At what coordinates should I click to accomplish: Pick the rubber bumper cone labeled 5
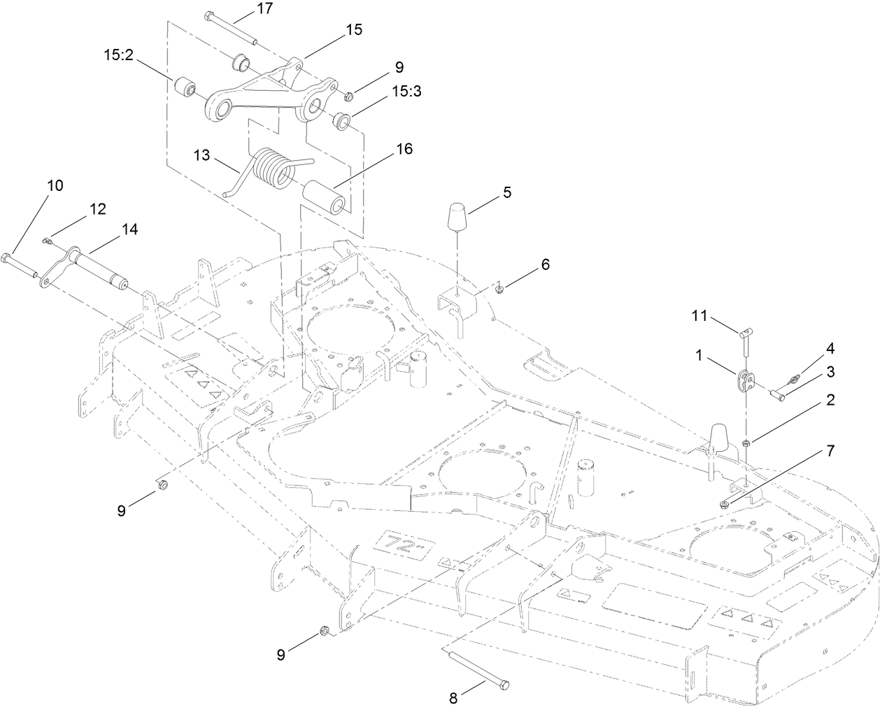(458, 217)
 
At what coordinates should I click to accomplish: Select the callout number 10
(55, 185)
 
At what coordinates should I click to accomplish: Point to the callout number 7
(830, 451)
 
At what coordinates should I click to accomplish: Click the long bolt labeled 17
(232, 29)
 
